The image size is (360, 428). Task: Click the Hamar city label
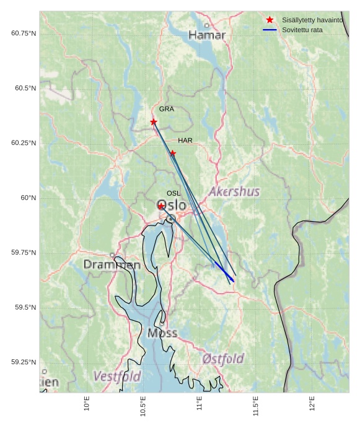(x=207, y=35)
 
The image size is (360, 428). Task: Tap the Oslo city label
(x=171, y=206)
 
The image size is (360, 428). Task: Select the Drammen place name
(x=112, y=265)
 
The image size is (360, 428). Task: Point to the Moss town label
(x=162, y=333)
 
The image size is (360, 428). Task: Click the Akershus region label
(x=234, y=192)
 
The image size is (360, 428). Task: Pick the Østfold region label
(x=223, y=359)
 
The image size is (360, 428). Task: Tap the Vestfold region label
(x=117, y=377)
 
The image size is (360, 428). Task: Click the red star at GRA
(x=154, y=122)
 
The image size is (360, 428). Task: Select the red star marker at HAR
(x=173, y=153)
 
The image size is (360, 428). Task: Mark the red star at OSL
(x=161, y=206)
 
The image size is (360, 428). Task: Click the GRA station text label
(x=167, y=109)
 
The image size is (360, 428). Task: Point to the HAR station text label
(x=185, y=141)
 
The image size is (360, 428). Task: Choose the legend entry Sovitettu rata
(x=302, y=30)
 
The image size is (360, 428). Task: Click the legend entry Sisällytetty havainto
(x=312, y=20)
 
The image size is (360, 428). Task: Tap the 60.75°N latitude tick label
(x=24, y=33)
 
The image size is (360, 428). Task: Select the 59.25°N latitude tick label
(x=24, y=362)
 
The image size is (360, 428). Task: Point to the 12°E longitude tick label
(x=312, y=403)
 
